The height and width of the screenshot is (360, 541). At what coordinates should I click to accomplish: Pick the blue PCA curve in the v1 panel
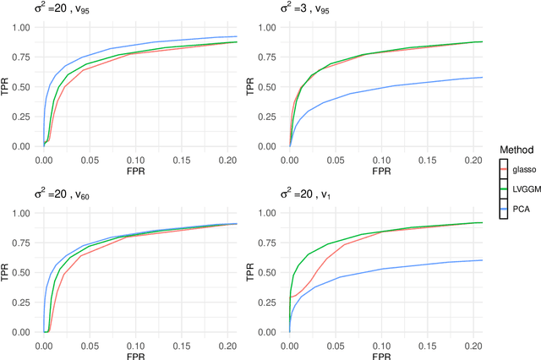[x=380, y=275]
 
